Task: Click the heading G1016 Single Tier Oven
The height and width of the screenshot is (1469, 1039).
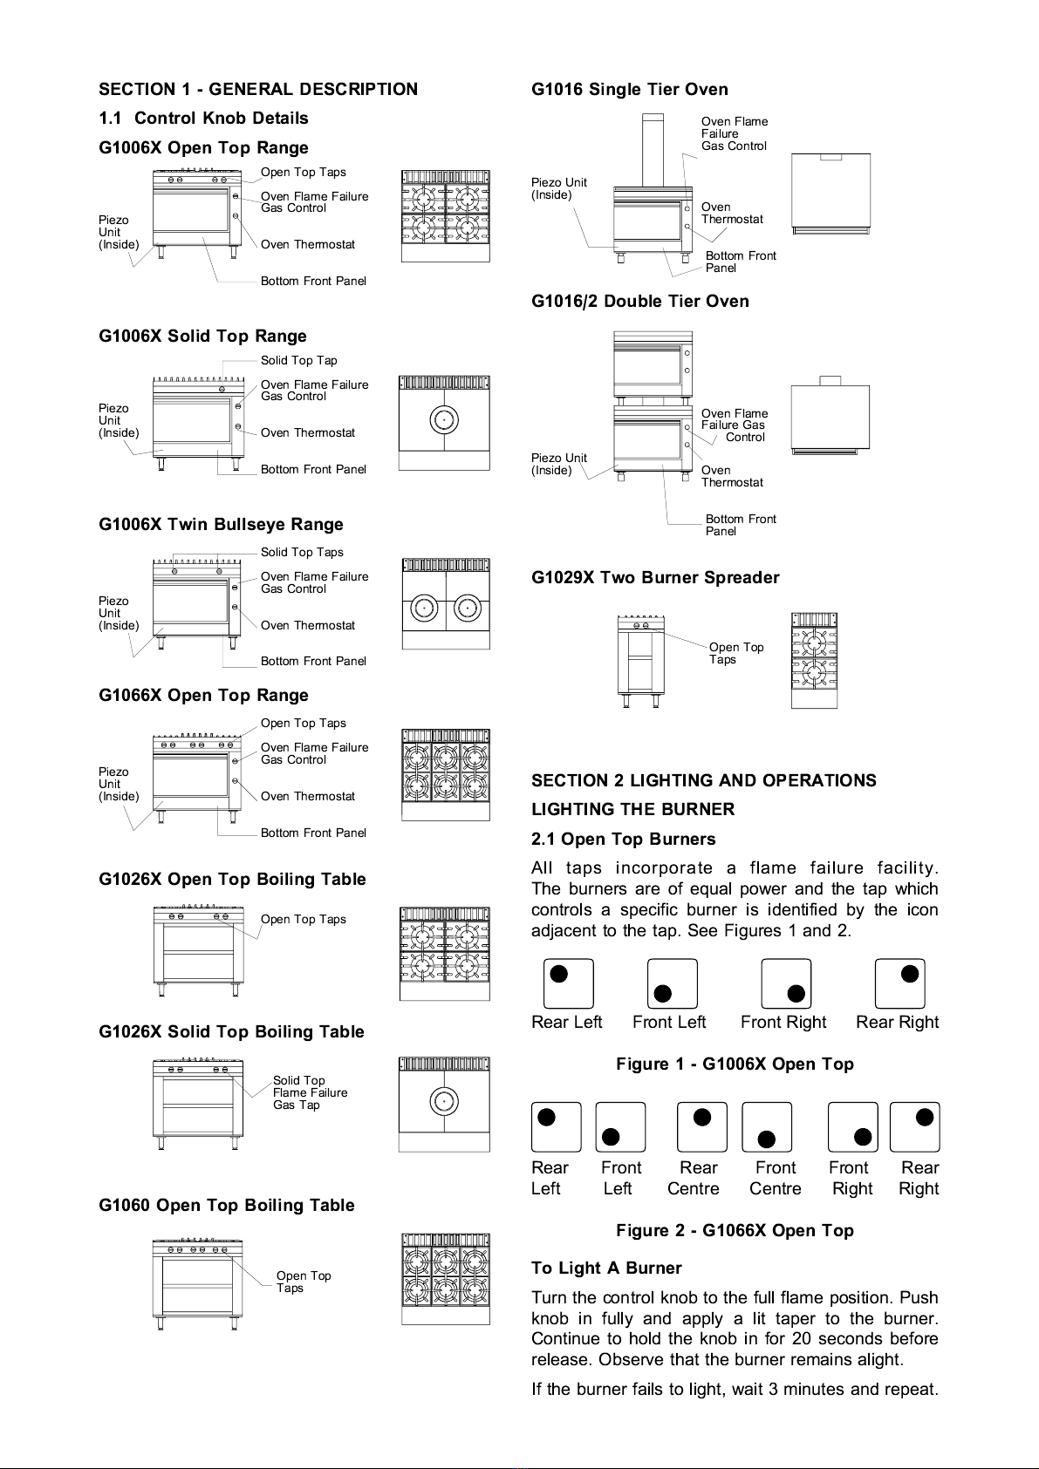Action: pyautogui.click(x=629, y=89)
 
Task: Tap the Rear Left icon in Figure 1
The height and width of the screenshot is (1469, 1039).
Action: pyautogui.click(x=568, y=983)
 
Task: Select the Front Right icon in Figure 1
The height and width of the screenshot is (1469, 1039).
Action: pyautogui.click(x=786, y=983)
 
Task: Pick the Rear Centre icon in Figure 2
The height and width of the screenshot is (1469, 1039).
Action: pyautogui.click(x=702, y=1126)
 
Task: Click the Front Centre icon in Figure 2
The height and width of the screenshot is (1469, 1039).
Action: pyautogui.click(x=767, y=1126)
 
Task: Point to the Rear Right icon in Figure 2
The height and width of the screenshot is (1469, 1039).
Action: pyautogui.click(x=914, y=1126)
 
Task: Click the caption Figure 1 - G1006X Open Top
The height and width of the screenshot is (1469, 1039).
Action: pyautogui.click(x=735, y=1064)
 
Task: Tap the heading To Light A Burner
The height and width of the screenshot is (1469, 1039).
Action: pyautogui.click(x=606, y=1268)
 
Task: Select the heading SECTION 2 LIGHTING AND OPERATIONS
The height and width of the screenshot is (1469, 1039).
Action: pyautogui.click(x=703, y=780)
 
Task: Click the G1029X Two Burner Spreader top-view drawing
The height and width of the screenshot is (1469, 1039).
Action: pyautogui.click(x=814, y=660)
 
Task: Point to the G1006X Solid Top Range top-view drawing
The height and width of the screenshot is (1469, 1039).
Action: pyautogui.click(x=444, y=423)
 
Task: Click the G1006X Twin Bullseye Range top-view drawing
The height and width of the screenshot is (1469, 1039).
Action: pyautogui.click(x=446, y=603)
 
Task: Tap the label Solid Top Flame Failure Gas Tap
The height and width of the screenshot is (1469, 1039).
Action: pyautogui.click(x=310, y=1092)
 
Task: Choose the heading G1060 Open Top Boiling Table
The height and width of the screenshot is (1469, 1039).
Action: pyautogui.click(x=226, y=1205)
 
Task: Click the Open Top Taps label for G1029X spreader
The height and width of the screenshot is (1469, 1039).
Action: pyautogui.click(x=735, y=653)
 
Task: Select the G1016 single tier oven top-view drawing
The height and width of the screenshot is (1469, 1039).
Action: pyautogui.click(x=831, y=194)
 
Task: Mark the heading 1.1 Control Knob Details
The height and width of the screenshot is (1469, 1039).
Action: pyautogui.click(x=203, y=118)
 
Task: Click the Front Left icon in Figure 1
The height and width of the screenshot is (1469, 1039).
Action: pyautogui.click(x=673, y=983)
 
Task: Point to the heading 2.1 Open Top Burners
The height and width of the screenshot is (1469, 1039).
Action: pyautogui.click(x=623, y=839)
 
